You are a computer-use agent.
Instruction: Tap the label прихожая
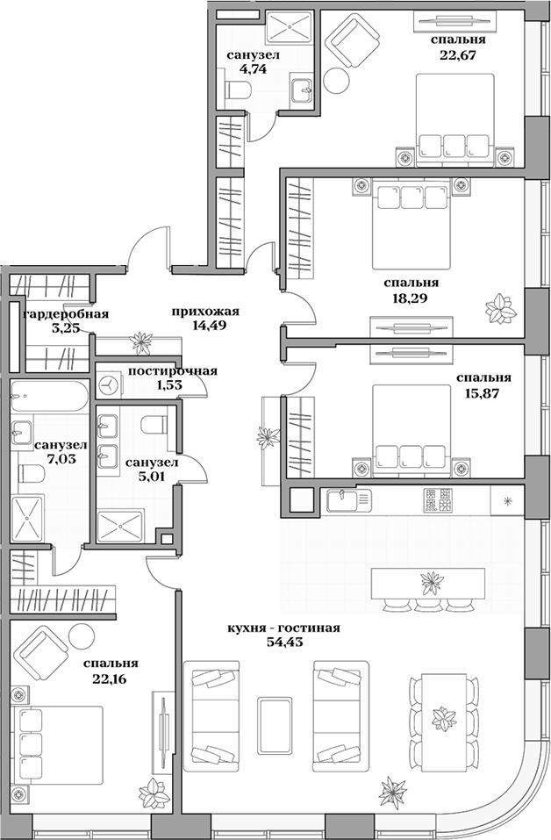click(206, 311)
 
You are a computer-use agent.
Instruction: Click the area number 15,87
click(483, 392)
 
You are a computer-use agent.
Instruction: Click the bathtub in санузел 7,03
click(49, 393)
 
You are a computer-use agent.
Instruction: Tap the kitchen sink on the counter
click(348, 501)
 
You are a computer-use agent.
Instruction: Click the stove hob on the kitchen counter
click(438, 500)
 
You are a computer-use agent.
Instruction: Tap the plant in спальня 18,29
click(502, 308)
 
